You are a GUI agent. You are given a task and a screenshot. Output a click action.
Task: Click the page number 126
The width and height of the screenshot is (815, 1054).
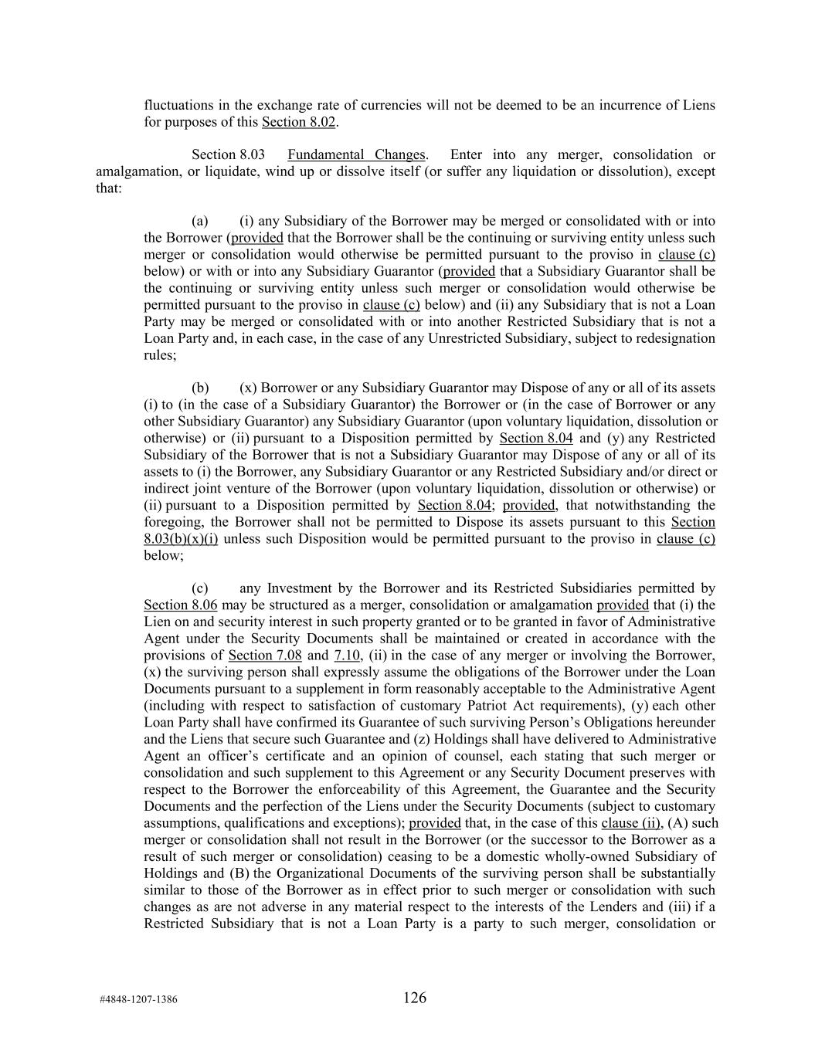tap(415, 998)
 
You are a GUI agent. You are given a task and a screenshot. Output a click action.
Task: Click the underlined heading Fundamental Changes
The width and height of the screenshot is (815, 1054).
tap(356, 155)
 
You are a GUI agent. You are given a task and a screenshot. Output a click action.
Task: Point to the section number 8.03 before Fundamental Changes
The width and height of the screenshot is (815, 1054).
tap(253, 155)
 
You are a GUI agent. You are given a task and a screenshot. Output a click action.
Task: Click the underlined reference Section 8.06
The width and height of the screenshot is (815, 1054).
tap(180, 605)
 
